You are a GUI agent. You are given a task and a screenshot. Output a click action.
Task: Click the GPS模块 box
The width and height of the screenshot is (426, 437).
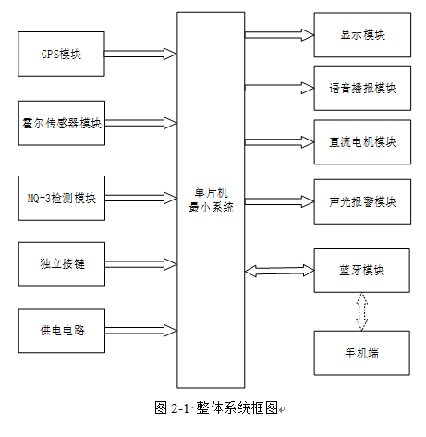coord(61,54)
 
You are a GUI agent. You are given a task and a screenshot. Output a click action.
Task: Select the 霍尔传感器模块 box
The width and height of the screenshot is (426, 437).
coord(62,123)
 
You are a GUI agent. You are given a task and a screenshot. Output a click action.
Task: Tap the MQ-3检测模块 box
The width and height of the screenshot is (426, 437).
coord(62,198)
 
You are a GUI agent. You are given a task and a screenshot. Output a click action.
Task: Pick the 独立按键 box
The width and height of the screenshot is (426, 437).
coord(62,264)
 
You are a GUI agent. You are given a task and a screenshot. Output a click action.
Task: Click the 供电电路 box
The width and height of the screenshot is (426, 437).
coord(62,331)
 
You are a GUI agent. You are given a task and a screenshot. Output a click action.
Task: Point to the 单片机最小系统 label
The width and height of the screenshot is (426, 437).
coord(211,200)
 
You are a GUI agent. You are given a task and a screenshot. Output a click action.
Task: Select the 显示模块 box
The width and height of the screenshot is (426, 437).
coord(362,35)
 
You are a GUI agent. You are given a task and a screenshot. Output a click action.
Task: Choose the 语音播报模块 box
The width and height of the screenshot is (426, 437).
coord(362,88)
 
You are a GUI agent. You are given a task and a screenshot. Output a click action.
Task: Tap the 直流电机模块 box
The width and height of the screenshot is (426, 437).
coord(362,142)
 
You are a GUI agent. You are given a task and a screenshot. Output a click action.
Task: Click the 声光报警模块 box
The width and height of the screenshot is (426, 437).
coord(362,201)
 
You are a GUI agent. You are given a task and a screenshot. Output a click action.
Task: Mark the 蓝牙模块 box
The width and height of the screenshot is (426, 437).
coord(361,270)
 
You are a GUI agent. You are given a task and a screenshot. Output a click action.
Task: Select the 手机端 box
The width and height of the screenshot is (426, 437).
coord(361,353)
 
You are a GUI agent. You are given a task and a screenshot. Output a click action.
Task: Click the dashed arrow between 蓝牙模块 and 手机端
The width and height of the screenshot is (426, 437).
coord(361,311)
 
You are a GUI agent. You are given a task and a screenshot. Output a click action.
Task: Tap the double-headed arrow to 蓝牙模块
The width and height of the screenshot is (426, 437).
coord(279,271)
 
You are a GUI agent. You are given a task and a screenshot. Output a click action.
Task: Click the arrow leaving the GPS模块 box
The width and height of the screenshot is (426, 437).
coord(140,54)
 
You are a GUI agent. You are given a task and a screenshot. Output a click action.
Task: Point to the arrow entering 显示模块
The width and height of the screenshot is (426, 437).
coord(279,35)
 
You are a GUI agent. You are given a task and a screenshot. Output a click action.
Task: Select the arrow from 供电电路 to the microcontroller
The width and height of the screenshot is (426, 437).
coord(140,331)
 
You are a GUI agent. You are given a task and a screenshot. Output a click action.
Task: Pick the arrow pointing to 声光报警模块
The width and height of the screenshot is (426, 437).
coord(279,201)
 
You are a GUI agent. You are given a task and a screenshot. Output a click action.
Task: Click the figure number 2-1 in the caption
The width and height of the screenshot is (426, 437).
coord(179,408)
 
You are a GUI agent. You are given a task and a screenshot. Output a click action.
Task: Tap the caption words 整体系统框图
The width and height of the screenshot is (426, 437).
coord(237,407)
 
